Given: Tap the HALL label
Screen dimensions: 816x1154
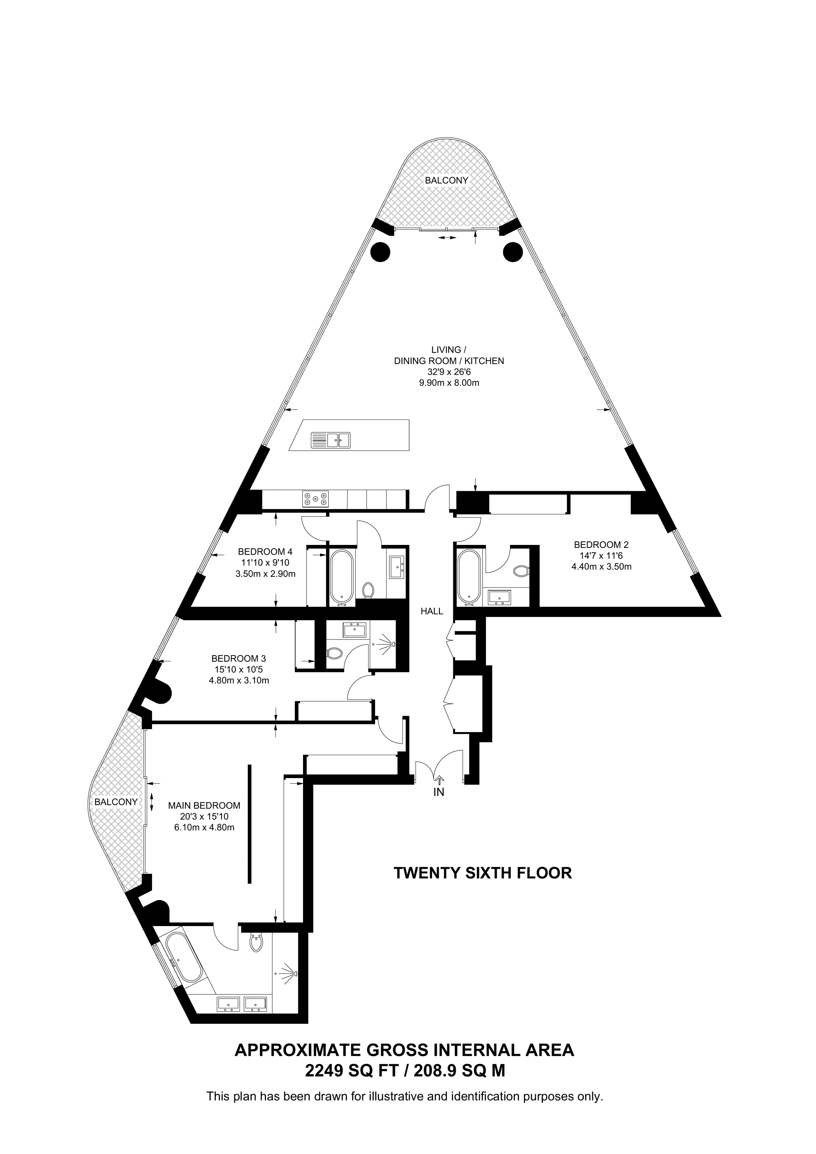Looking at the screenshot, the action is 432,611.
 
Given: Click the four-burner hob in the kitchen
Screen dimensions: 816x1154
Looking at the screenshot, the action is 315,499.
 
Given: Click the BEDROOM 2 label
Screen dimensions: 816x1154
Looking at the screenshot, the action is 601,544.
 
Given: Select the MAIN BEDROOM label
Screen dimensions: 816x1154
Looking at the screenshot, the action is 204,805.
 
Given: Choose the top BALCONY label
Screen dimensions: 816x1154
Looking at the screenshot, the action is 447,180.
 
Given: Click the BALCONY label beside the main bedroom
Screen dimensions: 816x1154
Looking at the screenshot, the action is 116,802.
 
